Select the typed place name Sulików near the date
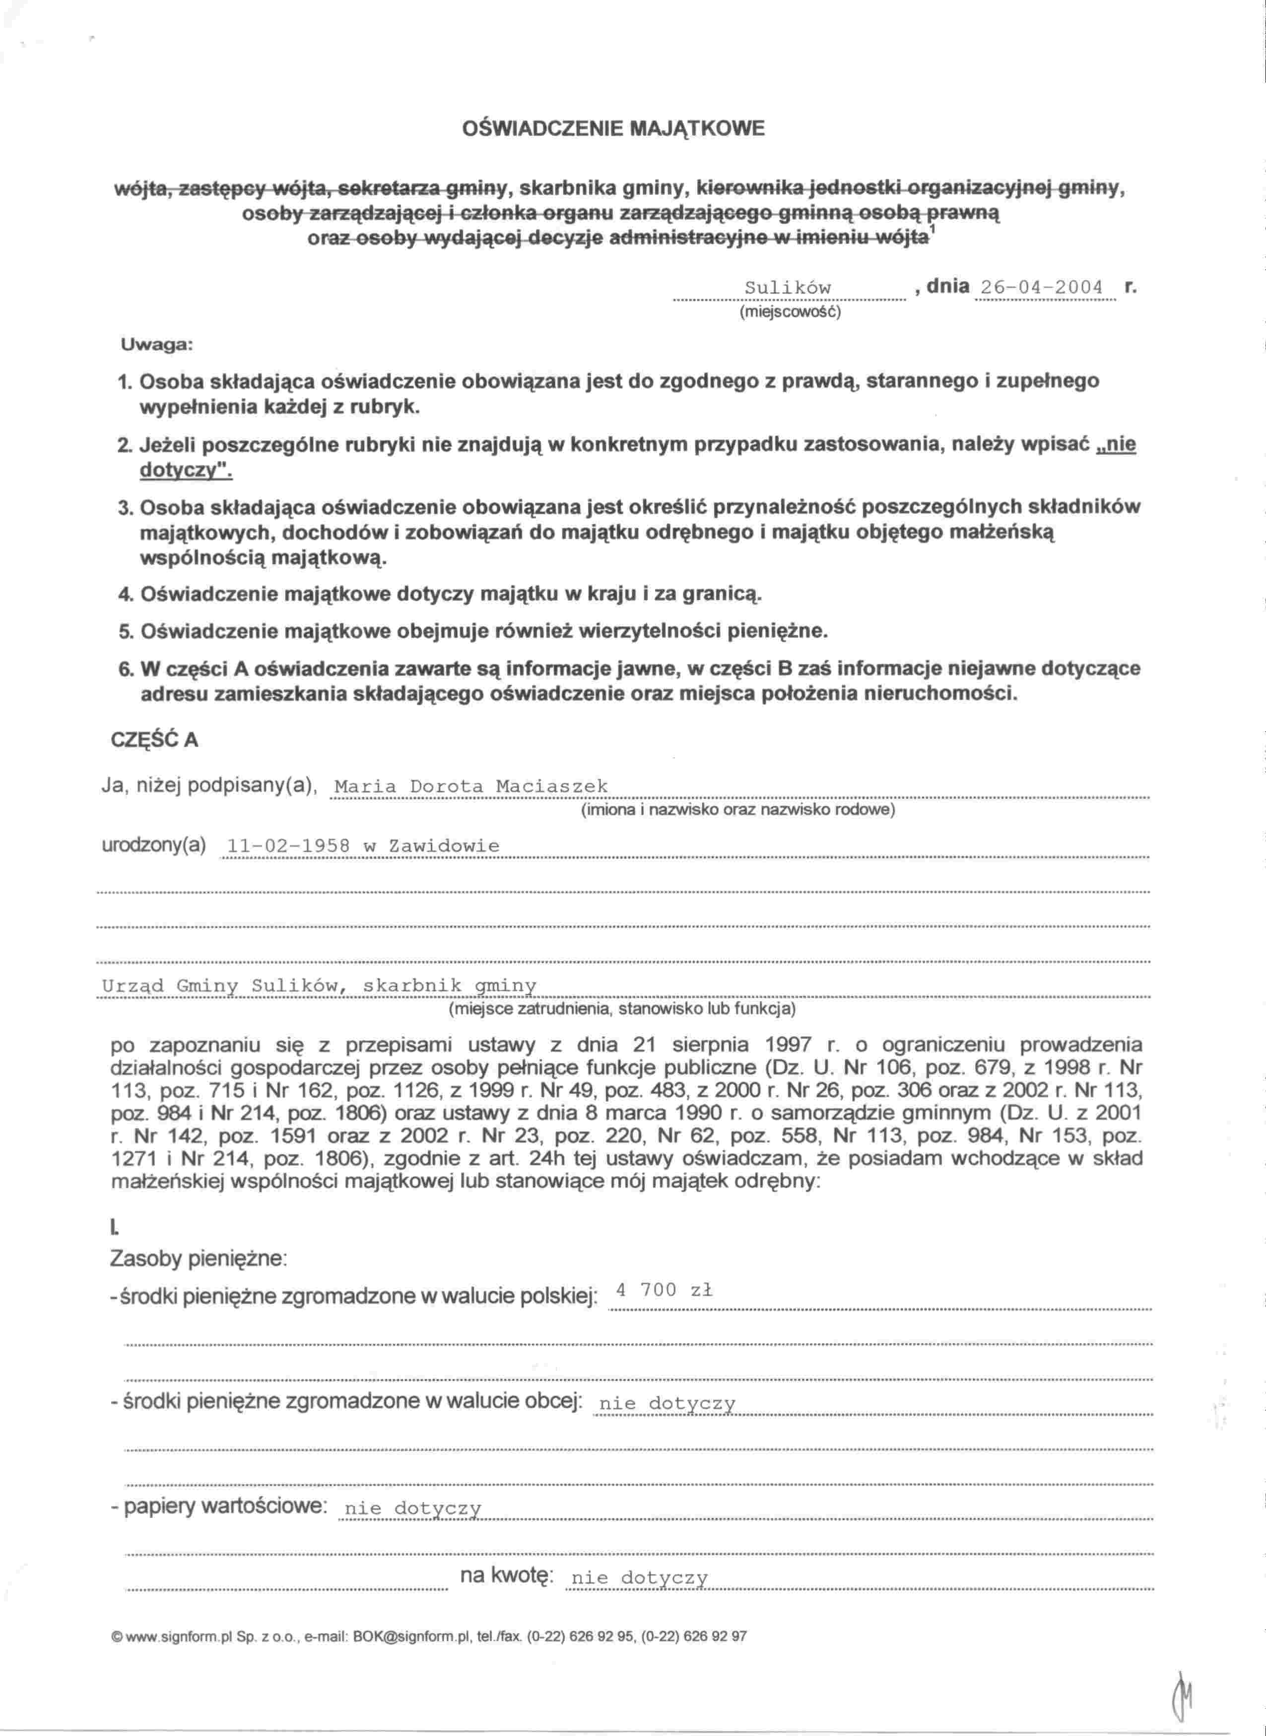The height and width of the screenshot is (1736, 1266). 788,288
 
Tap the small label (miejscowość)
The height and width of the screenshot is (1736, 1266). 790,313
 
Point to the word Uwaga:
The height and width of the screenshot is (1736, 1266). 156,345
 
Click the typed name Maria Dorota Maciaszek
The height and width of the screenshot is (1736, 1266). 471,787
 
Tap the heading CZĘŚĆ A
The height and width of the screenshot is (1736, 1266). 155,739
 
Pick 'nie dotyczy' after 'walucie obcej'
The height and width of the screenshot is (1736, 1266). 666,1404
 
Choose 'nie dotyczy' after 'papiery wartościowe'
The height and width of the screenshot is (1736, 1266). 413,1509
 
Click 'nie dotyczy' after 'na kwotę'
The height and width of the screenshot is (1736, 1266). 640,1578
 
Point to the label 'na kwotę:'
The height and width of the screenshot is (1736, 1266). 506,1576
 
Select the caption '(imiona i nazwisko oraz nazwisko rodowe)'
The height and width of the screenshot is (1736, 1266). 738,810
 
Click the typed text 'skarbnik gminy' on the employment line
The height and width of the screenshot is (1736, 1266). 450,985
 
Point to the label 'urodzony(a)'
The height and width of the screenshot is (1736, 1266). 154,845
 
